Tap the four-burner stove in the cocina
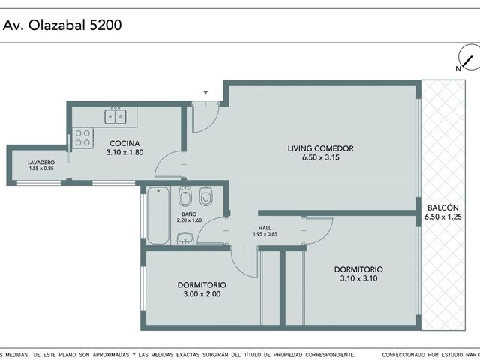click(83, 138)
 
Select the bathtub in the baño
click(158, 215)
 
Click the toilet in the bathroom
click(206, 196)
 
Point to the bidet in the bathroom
click(185, 196)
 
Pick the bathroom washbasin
click(185, 238)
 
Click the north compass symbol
click(469, 58)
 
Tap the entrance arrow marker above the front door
click(206, 92)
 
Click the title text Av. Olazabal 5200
click(62, 25)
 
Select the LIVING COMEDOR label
click(320, 148)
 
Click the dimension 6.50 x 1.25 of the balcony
click(443, 217)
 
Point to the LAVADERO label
click(41, 163)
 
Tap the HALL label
click(265, 228)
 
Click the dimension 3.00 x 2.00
click(202, 294)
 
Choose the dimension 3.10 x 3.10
click(358, 278)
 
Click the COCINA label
click(124, 143)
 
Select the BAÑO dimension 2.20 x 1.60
click(189, 220)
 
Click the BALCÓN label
click(443, 208)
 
